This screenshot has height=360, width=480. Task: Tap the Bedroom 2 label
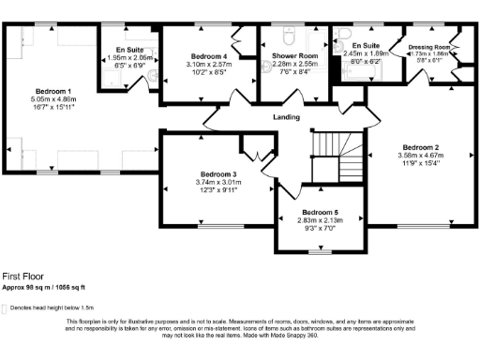click(x=421, y=147)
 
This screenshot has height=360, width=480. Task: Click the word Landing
click(x=286, y=117)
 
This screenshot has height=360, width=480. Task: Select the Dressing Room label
click(x=430, y=46)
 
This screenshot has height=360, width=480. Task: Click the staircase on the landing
click(x=330, y=150)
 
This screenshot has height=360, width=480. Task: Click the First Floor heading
click(x=22, y=277)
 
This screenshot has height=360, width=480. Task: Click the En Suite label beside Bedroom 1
click(x=128, y=49)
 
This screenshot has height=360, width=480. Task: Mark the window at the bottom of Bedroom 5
click(x=321, y=251)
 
